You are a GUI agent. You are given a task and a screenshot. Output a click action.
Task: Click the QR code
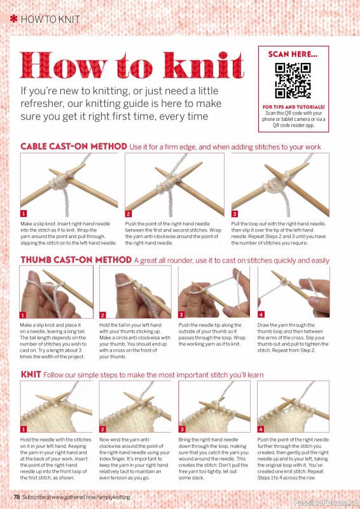[x=293, y=81]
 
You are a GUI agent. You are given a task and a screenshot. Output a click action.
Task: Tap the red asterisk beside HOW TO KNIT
[x=13, y=18]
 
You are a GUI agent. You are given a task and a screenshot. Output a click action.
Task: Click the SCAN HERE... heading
[x=293, y=54]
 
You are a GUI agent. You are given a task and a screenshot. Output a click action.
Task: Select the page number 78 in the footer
[x=17, y=497]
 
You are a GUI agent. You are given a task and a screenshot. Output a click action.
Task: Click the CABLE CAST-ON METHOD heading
[x=74, y=146]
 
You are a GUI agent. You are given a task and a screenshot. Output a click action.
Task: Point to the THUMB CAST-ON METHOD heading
[x=76, y=260]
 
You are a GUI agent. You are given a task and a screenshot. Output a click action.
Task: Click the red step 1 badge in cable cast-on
[x=24, y=214]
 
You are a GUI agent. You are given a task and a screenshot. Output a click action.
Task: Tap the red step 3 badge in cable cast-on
[x=235, y=214]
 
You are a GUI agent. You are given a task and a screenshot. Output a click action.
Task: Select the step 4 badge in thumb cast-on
[x=261, y=314]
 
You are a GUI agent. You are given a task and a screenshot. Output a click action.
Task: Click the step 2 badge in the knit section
[x=102, y=429]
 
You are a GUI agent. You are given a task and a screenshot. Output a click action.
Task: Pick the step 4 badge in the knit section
[x=261, y=429]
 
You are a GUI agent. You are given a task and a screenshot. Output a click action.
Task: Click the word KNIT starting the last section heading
[x=31, y=375]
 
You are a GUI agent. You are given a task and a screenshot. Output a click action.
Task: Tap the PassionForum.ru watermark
[x=325, y=503]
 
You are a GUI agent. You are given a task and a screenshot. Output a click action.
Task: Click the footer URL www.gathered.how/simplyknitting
[x=90, y=497]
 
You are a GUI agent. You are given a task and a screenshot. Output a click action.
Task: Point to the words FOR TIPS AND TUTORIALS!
[x=293, y=107]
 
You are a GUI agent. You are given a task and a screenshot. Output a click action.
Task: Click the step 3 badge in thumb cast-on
[x=181, y=314]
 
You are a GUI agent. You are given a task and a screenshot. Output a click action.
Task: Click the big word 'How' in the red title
[x=64, y=65]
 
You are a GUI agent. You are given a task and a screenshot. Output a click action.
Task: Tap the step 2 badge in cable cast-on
[x=128, y=214]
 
